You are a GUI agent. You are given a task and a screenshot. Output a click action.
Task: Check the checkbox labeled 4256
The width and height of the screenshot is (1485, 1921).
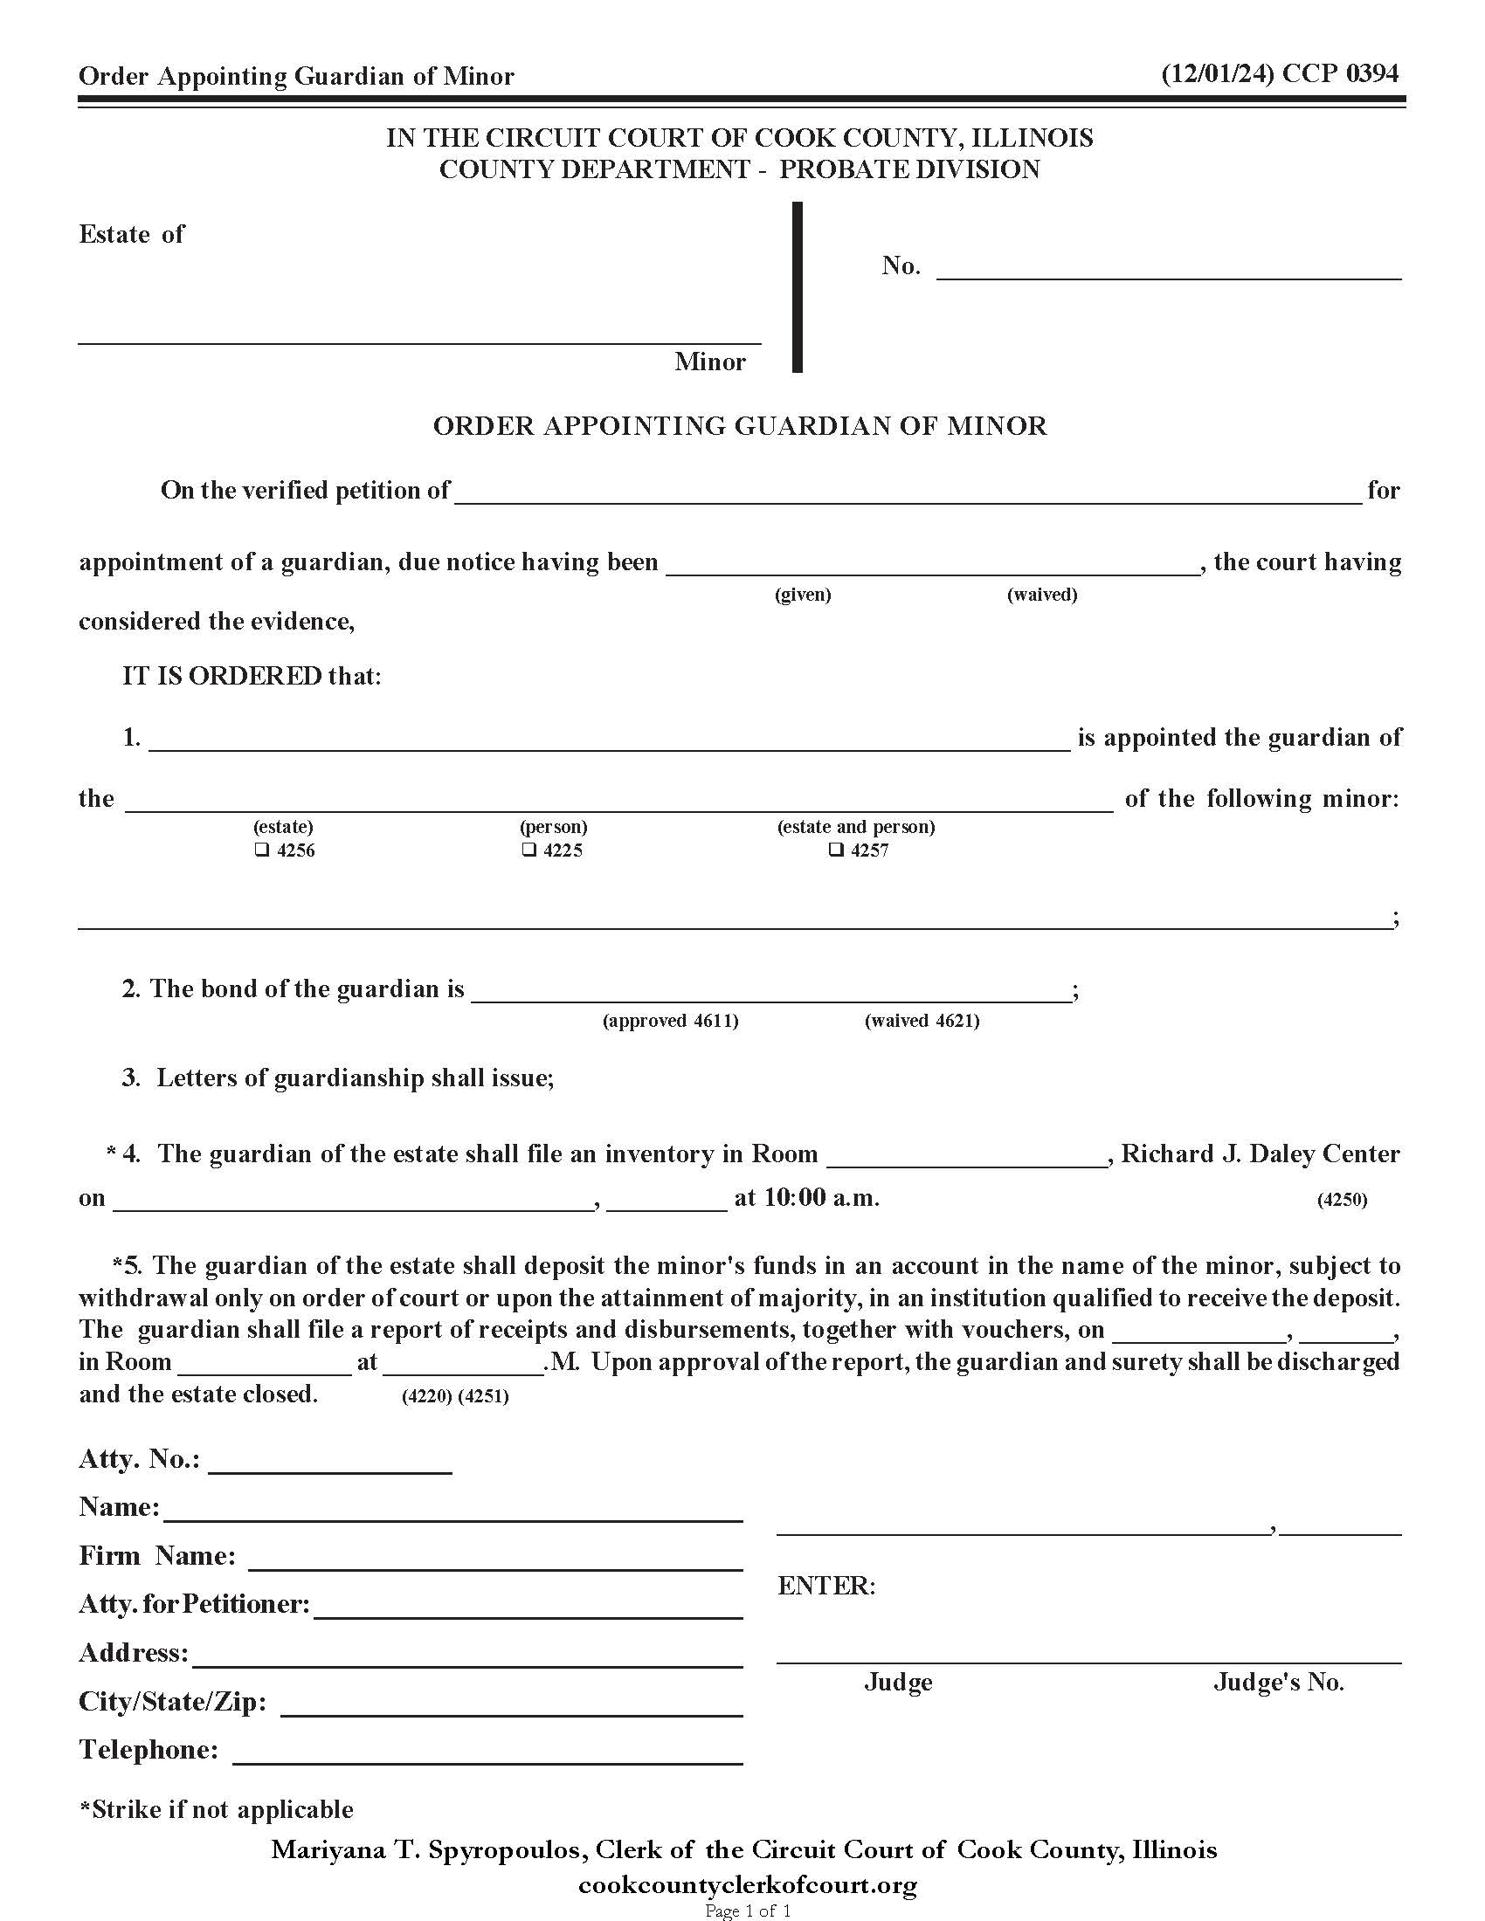tap(261, 850)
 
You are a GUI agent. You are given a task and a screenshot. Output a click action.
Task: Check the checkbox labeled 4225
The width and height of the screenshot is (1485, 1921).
tap(528, 850)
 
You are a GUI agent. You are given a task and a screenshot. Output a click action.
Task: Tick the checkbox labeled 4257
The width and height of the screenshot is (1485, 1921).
tap(837, 850)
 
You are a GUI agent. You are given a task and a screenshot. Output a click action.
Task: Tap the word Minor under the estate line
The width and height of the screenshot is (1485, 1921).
tap(709, 361)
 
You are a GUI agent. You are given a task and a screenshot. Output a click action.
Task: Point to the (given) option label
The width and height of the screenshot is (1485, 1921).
tap(802, 595)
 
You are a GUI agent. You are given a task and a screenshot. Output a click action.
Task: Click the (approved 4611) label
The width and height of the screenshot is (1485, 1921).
tap(670, 1020)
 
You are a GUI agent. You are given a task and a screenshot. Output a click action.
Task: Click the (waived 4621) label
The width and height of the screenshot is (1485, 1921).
tap(922, 1020)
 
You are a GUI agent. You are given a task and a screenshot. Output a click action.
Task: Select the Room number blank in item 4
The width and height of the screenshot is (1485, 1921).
tap(967, 1156)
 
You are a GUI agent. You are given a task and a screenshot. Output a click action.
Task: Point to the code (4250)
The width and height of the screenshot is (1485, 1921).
tap(1342, 1200)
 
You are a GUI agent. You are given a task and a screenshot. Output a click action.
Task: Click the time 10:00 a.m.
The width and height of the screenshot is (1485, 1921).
tap(807, 1198)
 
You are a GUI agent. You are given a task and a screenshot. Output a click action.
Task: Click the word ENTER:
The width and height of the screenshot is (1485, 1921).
tap(826, 1586)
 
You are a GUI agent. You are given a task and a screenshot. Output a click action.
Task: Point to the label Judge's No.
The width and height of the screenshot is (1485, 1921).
tap(1278, 1683)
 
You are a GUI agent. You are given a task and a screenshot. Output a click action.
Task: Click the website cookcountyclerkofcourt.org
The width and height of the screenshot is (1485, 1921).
tap(747, 1885)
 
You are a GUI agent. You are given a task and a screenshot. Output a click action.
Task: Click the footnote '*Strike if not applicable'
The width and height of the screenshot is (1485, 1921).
tap(217, 1809)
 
